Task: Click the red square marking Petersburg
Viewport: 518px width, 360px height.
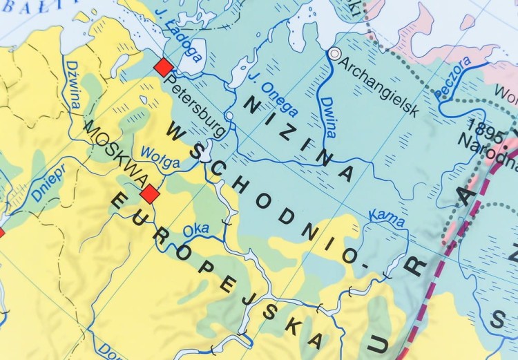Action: pos(164,67)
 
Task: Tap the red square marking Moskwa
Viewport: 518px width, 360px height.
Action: pos(150,194)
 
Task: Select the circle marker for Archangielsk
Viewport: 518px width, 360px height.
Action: pos(335,53)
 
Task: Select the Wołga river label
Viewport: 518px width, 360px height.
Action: pos(160,158)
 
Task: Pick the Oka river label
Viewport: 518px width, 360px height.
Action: pos(197,229)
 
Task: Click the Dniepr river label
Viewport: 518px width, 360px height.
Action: pos(47,184)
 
